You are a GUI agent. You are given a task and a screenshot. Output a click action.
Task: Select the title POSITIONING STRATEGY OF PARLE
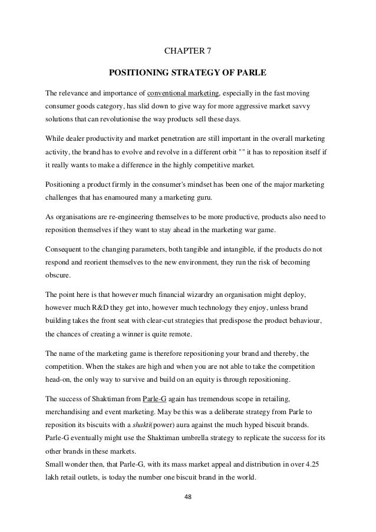(187, 74)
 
